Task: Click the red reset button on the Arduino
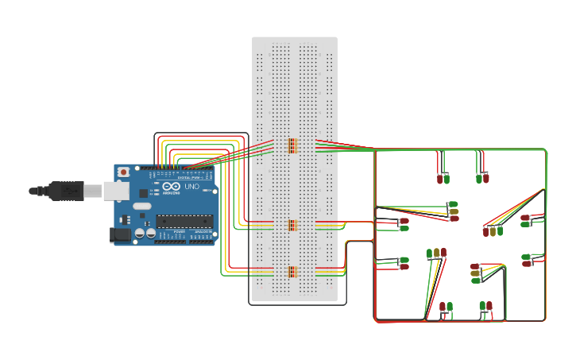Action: pyautogui.click(x=123, y=172)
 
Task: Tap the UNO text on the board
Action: pyautogui.click(x=191, y=187)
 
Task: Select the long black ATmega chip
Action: pyautogui.click(x=184, y=220)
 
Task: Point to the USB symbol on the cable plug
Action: pyautogui.click(x=69, y=190)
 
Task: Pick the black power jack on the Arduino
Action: pyautogui.click(x=120, y=234)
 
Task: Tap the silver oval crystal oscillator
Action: pyautogui.click(x=141, y=206)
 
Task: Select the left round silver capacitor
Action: pyautogui.click(x=140, y=234)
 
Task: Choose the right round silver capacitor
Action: pyautogui.click(x=150, y=234)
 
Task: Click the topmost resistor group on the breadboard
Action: pyautogui.click(x=292, y=145)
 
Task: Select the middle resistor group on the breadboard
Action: pyautogui.click(x=292, y=225)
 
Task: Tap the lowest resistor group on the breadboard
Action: pyautogui.click(x=292, y=272)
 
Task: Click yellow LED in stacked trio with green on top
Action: pyautogui.click(x=454, y=211)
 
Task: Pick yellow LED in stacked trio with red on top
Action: pyautogui.click(x=475, y=273)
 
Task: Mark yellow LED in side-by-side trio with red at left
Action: pyautogui.click(x=493, y=231)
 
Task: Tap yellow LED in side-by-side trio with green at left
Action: pyautogui.click(x=436, y=253)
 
